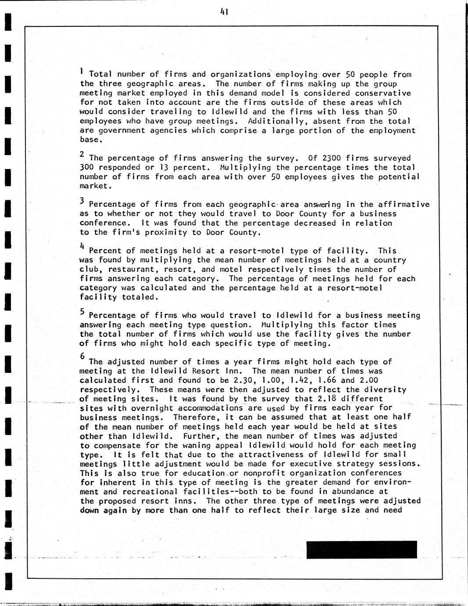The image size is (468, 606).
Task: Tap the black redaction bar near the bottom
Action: (x=361, y=549)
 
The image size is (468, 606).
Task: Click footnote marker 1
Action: (x=82, y=71)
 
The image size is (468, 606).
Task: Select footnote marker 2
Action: (x=82, y=154)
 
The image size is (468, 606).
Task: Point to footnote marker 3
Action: (x=82, y=201)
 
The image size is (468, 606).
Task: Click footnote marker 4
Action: (x=82, y=247)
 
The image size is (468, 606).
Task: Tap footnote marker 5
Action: (x=82, y=312)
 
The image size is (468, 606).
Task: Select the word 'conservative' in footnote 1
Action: (x=383, y=93)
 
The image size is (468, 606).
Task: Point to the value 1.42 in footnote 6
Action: (x=303, y=380)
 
